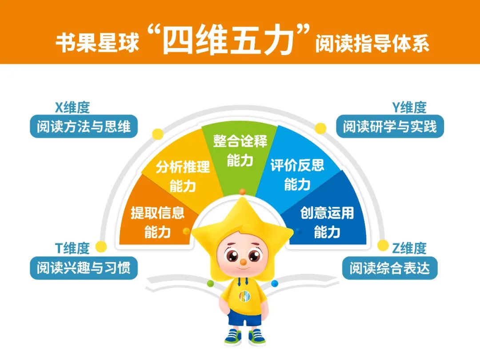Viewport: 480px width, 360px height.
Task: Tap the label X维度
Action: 72,107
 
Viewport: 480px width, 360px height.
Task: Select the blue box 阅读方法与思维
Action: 84,127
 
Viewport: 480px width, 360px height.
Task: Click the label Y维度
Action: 409,107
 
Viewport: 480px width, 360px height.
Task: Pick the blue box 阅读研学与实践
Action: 390,127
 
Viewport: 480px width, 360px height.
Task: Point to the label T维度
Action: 72,248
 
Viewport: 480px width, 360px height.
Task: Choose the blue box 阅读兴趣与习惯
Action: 84,268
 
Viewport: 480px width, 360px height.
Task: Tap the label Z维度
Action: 409,248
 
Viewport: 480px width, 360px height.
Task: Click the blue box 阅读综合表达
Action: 390,268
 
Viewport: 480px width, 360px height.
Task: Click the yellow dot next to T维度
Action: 101,246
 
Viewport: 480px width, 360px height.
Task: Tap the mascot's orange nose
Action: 243,262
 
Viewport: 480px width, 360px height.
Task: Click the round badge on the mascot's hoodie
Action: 244,296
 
